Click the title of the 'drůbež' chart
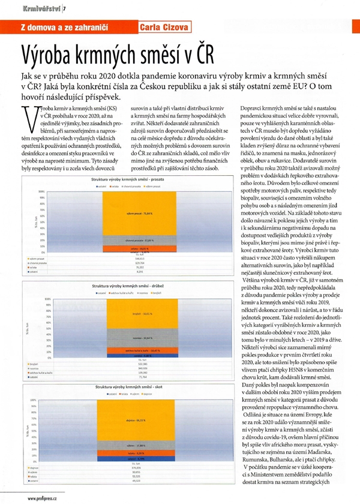point(131,287)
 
